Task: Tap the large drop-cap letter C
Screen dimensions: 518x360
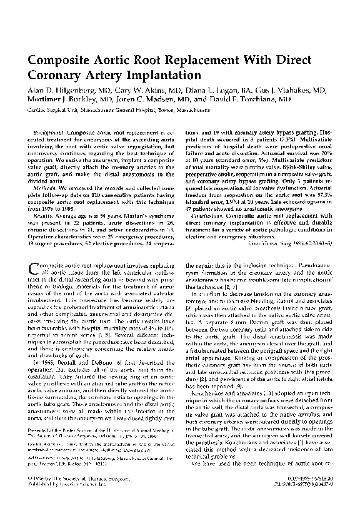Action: (37, 270)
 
